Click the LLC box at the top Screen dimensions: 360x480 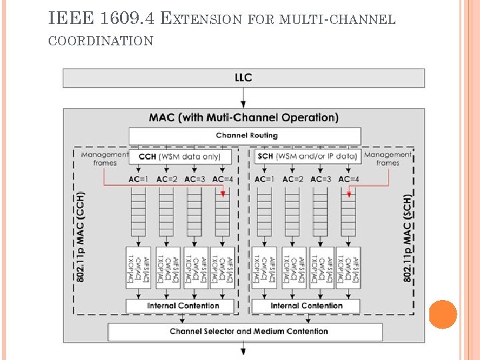243,78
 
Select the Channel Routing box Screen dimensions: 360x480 245,136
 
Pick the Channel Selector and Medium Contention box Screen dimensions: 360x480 245,331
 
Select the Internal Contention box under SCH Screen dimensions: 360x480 307,306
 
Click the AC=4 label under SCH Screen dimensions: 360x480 349,179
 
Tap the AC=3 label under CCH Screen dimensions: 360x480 195,179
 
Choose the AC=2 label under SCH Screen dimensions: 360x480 293,179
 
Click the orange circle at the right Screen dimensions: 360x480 443,315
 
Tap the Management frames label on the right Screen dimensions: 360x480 387,159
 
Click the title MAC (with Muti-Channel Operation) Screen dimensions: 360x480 243,118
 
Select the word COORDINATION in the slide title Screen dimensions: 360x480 101,41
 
